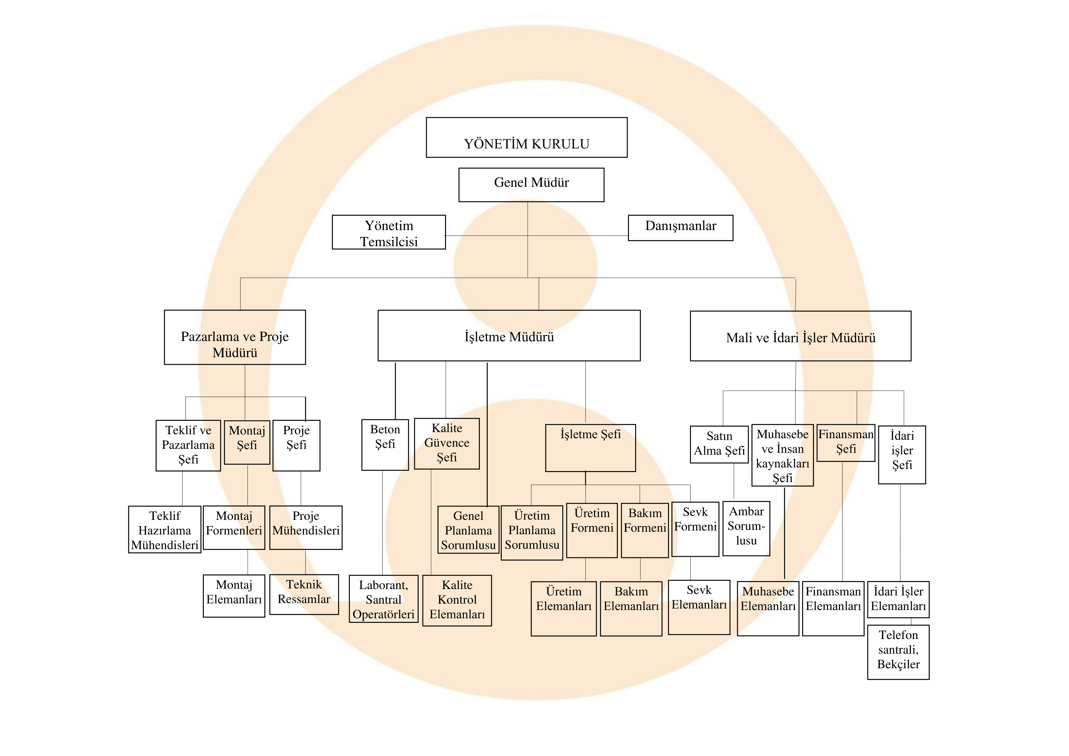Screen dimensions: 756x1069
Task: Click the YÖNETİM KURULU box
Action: [x=527, y=137]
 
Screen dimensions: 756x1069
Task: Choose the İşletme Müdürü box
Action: [x=509, y=336]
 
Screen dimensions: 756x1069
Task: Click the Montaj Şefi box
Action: [x=247, y=442]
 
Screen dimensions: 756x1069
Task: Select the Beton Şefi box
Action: [x=385, y=445]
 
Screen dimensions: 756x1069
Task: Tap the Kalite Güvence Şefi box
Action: [x=447, y=443]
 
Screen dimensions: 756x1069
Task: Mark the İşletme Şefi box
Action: [x=590, y=448]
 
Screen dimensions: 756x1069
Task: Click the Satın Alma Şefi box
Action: [x=719, y=444]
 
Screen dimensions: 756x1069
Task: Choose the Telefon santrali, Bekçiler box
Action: [x=898, y=652]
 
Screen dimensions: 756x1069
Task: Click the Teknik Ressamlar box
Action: [x=304, y=595]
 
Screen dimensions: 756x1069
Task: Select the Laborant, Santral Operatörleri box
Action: [x=383, y=599]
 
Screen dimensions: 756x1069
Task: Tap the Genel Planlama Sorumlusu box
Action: [x=468, y=530]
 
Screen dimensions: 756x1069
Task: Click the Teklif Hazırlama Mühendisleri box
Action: [x=165, y=530]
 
